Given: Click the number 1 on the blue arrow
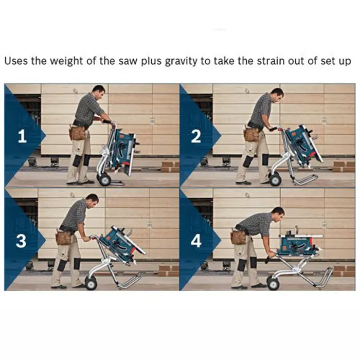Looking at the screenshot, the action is pyautogui.click(x=22, y=136).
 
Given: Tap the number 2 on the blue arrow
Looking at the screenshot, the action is pyautogui.click(x=196, y=136).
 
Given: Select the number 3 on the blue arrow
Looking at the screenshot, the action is pyautogui.click(x=21, y=241).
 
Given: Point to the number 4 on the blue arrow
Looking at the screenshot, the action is pyautogui.click(x=196, y=241).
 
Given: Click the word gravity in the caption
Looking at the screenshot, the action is pyautogui.click(x=181, y=62).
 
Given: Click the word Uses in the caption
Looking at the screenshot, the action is pyautogui.click(x=16, y=61).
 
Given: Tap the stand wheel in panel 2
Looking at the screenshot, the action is pyautogui.click(x=275, y=179).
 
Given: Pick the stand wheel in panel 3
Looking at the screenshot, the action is pyautogui.click(x=91, y=283).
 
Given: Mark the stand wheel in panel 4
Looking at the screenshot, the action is pyautogui.click(x=273, y=283).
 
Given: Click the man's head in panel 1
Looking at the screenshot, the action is pyautogui.click(x=99, y=92).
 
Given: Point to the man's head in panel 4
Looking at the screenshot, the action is pyautogui.click(x=278, y=213).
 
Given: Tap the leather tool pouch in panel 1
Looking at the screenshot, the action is pyautogui.click(x=77, y=133).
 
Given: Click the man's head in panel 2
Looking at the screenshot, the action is pyautogui.click(x=277, y=95).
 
